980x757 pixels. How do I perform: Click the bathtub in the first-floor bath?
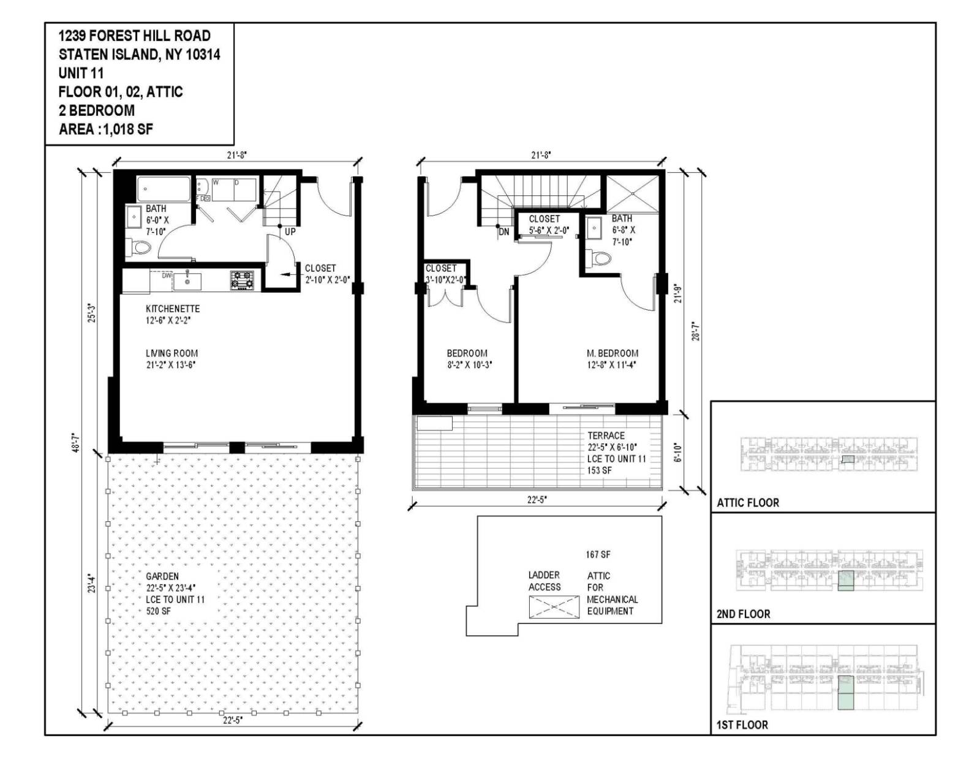pyautogui.click(x=164, y=189)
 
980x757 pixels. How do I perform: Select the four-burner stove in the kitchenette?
pyautogui.click(x=242, y=281)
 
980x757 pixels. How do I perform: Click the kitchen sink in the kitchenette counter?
pyautogui.click(x=187, y=281)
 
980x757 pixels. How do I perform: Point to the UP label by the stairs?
pyautogui.click(x=290, y=232)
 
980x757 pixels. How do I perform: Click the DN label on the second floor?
pyautogui.click(x=503, y=232)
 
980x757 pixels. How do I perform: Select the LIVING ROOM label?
pyautogui.click(x=171, y=353)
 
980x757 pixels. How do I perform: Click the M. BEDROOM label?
pyautogui.click(x=612, y=353)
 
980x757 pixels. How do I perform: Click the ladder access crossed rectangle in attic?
pyautogui.click(x=554, y=606)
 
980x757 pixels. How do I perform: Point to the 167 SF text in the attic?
pyautogui.click(x=598, y=555)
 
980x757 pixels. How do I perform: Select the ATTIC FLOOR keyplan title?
pyautogui.click(x=748, y=503)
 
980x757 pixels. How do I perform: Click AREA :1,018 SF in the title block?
pyautogui.click(x=106, y=129)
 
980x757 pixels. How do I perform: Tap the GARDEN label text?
pyautogui.click(x=162, y=576)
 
